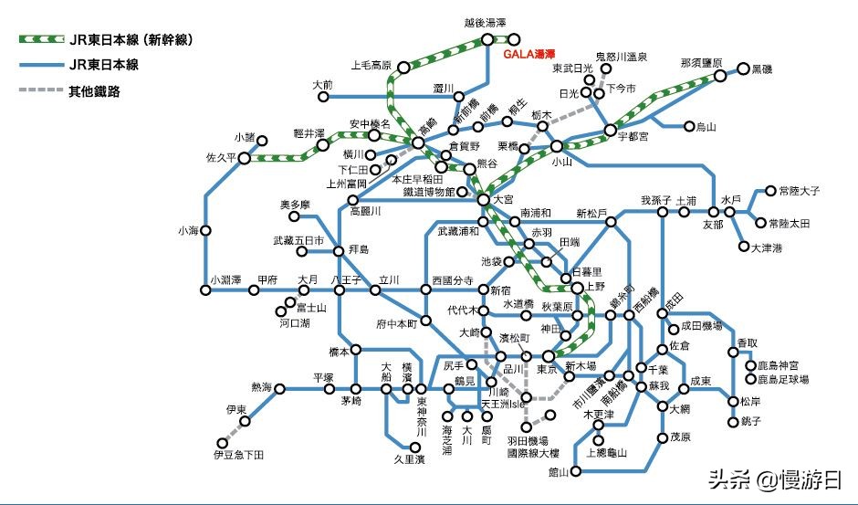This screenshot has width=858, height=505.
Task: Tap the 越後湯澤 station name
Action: tap(485, 22)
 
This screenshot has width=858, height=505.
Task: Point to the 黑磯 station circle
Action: tap(744, 68)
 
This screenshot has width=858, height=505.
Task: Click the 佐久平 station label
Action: tap(221, 157)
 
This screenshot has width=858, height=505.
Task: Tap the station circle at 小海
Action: tap(207, 231)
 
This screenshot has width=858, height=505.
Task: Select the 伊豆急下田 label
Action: tap(238, 454)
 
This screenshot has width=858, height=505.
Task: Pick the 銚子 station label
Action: tap(751, 421)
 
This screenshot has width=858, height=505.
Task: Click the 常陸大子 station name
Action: tap(800, 191)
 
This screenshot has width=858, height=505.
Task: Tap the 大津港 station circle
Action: tap(744, 247)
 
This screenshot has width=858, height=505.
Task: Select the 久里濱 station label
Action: tap(409, 458)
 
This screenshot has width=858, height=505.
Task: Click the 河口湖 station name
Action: tap(294, 323)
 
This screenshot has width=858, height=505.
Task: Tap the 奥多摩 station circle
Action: tap(295, 217)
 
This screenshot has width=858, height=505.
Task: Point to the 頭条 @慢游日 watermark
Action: tap(775, 479)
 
